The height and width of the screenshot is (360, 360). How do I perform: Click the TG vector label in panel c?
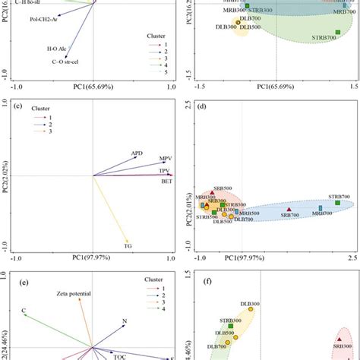128,244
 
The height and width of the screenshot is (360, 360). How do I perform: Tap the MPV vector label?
165,159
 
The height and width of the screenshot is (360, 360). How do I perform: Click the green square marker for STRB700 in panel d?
337,203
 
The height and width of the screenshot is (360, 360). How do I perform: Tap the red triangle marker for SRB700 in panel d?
289,209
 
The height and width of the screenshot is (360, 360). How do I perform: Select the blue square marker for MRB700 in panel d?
321,207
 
